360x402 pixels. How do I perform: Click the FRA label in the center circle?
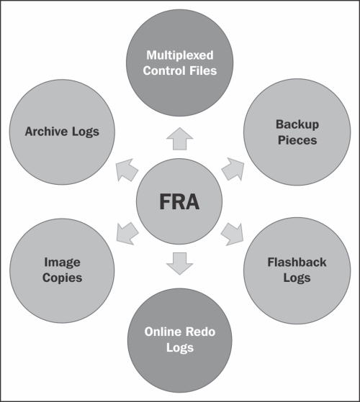179,202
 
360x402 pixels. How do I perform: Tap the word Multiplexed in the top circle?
180,55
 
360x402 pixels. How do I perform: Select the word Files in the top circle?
203,70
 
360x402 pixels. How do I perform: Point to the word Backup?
297,125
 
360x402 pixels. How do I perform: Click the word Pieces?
297,140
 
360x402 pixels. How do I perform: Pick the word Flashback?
297,262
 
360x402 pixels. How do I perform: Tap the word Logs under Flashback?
297,278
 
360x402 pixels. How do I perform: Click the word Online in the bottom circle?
163,332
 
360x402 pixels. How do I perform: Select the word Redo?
201,332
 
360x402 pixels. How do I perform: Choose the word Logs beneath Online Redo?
180,347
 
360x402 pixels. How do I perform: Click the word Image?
63,262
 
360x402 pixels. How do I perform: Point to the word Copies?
63,278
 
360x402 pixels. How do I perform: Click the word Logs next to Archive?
86,132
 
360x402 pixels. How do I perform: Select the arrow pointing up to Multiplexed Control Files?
179,139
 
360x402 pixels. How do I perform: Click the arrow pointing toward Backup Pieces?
233,169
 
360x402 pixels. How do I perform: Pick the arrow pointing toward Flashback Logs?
232,234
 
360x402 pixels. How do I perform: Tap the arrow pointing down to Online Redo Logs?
179,263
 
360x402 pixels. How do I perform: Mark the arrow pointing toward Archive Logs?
127,170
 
